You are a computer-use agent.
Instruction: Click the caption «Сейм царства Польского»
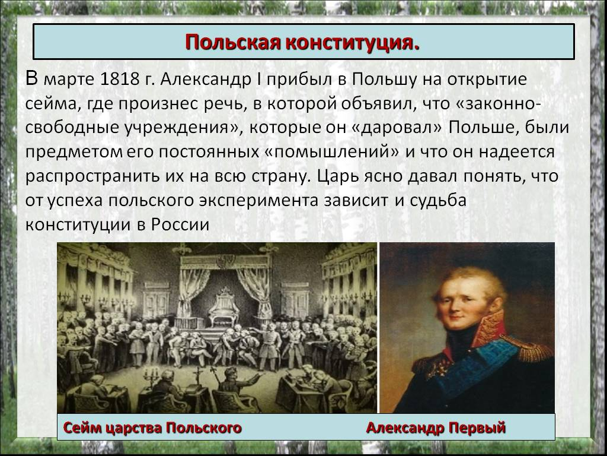tap(152, 428)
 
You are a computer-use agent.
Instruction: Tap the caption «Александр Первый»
tap(435, 428)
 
